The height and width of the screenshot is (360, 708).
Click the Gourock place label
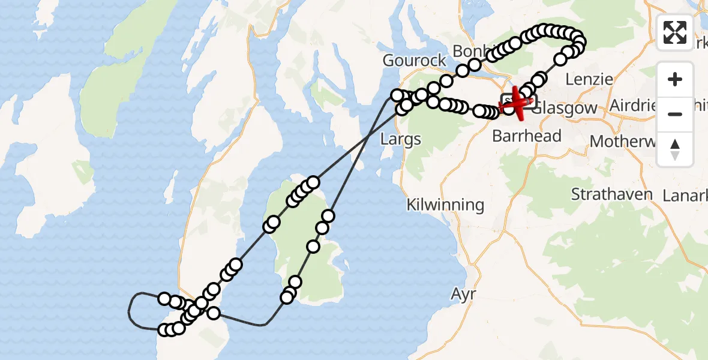click(415, 61)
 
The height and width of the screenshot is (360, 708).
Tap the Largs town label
click(401, 139)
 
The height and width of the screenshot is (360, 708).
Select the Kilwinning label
click(445, 205)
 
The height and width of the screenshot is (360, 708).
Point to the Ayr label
click(463, 294)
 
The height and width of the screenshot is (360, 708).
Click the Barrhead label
click(526, 136)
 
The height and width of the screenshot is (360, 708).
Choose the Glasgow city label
click(565, 108)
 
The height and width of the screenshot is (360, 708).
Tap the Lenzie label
click(590, 79)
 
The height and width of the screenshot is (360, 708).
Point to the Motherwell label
click(627, 142)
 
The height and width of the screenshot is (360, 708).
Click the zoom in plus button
click(675, 79)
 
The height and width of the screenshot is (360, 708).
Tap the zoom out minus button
click(675, 114)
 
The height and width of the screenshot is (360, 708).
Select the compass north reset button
click(675, 149)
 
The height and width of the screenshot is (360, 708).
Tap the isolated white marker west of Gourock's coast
click(397, 95)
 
